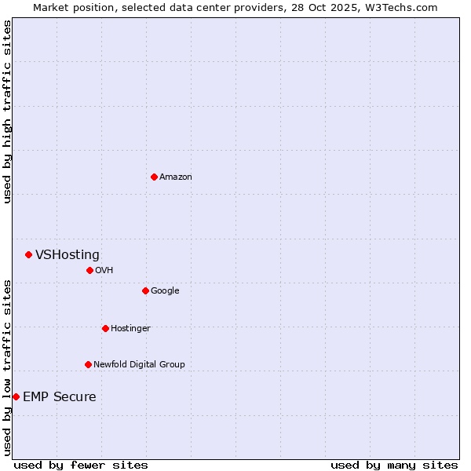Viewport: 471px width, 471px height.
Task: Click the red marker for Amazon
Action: point(154,177)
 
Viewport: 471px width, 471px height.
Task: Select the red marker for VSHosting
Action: point(28,254)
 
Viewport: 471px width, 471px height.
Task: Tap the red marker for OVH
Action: point(89,270)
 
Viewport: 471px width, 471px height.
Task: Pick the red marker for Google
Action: point(145,290)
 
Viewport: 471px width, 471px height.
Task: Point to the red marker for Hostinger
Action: point(105,328)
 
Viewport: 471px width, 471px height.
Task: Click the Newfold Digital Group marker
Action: point(88,364)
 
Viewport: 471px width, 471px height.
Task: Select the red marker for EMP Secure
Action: point(16,396)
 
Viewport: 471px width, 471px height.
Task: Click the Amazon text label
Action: point(176,177)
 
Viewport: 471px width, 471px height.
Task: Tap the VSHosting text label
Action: point(68,254)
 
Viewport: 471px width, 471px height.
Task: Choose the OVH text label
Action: point(104,270)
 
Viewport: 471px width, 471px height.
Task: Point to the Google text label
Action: point(165,290)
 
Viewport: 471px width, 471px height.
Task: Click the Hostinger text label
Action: point(130,328)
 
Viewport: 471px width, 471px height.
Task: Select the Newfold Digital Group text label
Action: point(139,364)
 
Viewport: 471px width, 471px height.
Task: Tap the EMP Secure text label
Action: point(60,396)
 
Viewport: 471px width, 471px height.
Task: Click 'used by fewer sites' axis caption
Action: point(81,465)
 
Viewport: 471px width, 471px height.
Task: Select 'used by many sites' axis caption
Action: point(394,465)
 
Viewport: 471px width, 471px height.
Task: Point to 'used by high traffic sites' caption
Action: point(7,111)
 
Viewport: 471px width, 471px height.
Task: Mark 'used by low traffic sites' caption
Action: point(7,367)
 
